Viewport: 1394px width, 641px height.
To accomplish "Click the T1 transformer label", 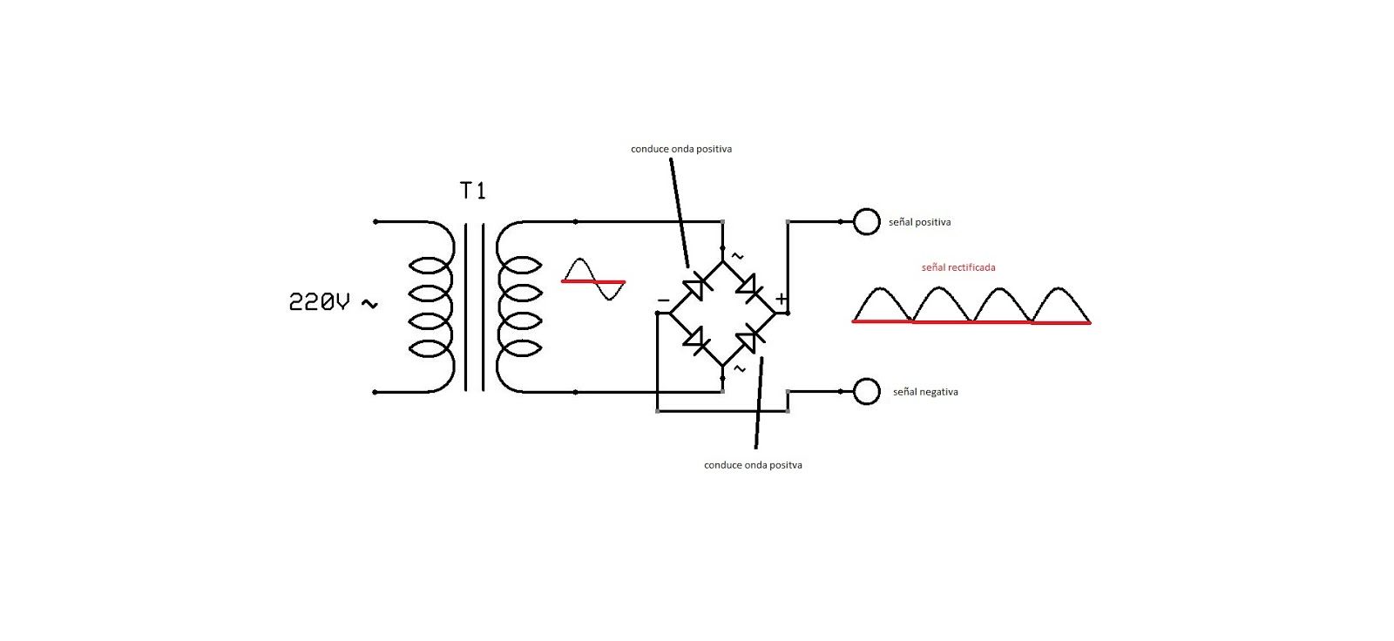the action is pos(472,191).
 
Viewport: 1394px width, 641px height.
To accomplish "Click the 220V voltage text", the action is pos(319,302).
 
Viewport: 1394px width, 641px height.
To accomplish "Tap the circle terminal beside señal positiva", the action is pos(866,221).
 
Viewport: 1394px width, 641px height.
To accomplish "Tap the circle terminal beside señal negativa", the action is pos(866,391).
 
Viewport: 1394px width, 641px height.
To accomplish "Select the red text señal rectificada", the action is pos(958,267).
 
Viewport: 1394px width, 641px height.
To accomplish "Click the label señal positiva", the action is pos(920,222).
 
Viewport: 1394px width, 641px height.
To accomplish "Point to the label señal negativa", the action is pos(925,392).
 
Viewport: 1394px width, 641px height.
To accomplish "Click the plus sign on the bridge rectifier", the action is pos(781,300).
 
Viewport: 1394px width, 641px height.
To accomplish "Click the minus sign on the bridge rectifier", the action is pos(663,300).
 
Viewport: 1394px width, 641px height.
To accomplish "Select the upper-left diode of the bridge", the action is pos(696,287).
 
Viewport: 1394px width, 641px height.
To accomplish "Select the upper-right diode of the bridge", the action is pos(748,287).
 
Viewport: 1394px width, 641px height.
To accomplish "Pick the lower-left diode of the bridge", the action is pos(696,340).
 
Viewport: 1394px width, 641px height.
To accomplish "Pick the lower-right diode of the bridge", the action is pos(748,340).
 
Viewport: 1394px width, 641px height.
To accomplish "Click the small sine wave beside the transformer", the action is pos(593,280).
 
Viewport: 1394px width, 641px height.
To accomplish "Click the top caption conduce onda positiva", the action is pos(681,149).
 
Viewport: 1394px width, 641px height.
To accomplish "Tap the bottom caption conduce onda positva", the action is pos(753,465).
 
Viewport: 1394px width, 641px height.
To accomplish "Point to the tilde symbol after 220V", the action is pos(369,304).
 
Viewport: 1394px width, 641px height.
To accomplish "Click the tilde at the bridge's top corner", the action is pos(737,256).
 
